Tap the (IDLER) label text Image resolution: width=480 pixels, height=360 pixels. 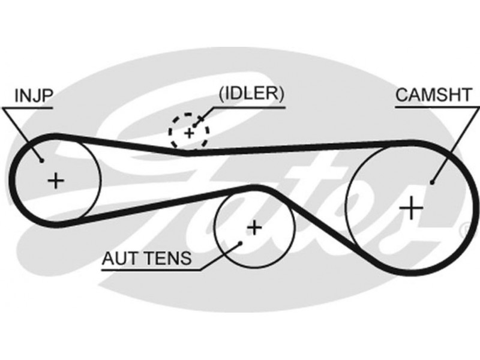251,94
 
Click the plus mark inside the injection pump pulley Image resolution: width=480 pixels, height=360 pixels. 56,180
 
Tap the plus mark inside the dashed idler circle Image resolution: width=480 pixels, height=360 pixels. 189,131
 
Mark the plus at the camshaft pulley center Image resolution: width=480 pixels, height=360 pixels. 412,208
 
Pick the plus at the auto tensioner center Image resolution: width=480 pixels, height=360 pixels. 255,227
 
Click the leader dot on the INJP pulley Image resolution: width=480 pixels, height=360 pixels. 41,160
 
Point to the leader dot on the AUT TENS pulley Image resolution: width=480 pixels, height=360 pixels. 240,243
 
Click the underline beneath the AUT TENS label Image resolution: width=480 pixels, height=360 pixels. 150,271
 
